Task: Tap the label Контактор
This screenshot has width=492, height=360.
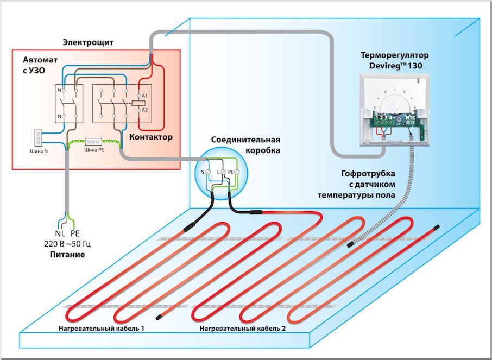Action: coord(152,137)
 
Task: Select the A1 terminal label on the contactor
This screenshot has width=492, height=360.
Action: coord(144,96)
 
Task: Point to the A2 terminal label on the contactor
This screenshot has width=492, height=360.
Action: coord(144,110)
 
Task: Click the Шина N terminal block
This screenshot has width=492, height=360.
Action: coord(39,137)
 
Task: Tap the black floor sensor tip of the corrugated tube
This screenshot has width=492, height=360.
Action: coord(351,245)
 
